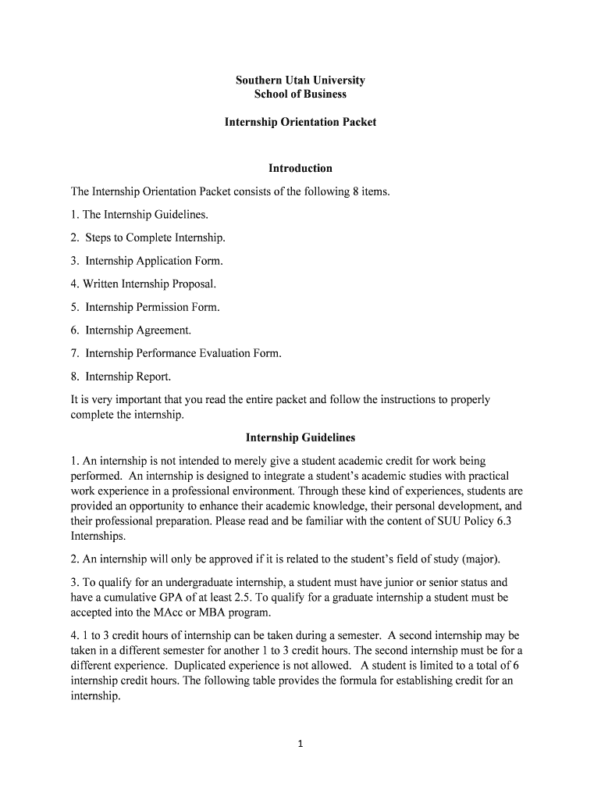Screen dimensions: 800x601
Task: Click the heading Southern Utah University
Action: tap(300, 80)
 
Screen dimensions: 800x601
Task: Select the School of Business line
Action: tap(300, 95)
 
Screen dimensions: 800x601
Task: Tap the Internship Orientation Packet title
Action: tap(300, 123)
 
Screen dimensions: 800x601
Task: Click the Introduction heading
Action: tap(300, 168)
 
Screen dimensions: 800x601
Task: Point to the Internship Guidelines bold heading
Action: tap(300, 438)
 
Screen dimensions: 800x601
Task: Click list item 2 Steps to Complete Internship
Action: tap(148, 237)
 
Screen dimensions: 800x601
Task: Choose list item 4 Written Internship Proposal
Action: tap(143, 284)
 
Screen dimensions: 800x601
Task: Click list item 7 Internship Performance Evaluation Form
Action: tap(176, 353)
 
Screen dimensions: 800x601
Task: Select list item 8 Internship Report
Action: tap(121, 377)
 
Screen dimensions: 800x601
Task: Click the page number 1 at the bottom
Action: tap(300, 744)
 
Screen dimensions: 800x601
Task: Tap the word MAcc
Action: tap(161, 612)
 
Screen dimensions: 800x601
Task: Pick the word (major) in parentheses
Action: tap(480, 559)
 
